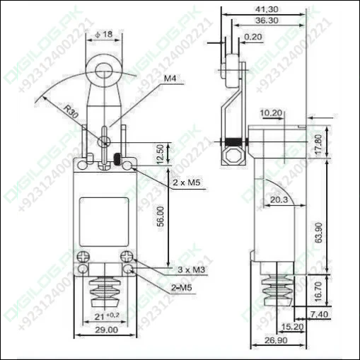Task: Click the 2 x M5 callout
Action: pyautogui.click(x=186, y=182)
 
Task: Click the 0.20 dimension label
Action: pyautogui.click(x=251, y=37)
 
